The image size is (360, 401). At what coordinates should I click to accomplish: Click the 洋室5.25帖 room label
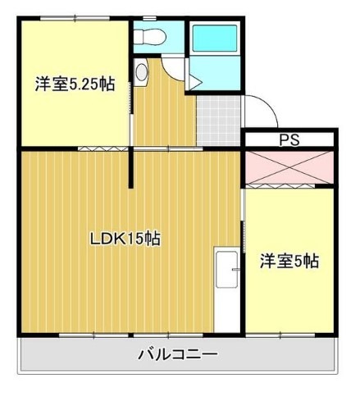pyautogui.click(x=74, y=84)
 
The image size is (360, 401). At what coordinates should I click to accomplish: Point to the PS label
pyautogui.click(x=289, y=139)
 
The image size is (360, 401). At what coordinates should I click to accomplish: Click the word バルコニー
pyautogui.click(x=177, y=355)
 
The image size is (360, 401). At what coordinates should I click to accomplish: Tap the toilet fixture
pyautogui.click(x=149, y=36)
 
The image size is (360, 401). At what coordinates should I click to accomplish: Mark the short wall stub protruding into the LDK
pyautogui.click(x=131, y=168)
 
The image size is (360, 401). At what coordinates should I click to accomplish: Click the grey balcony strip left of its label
pyautogui.click(x=74, y=356)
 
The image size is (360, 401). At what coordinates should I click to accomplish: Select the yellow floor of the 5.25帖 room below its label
pyautogui.click(x=74, y=119)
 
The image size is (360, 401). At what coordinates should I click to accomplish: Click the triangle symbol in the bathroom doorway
pyautogui.click(x=195, y=80)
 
